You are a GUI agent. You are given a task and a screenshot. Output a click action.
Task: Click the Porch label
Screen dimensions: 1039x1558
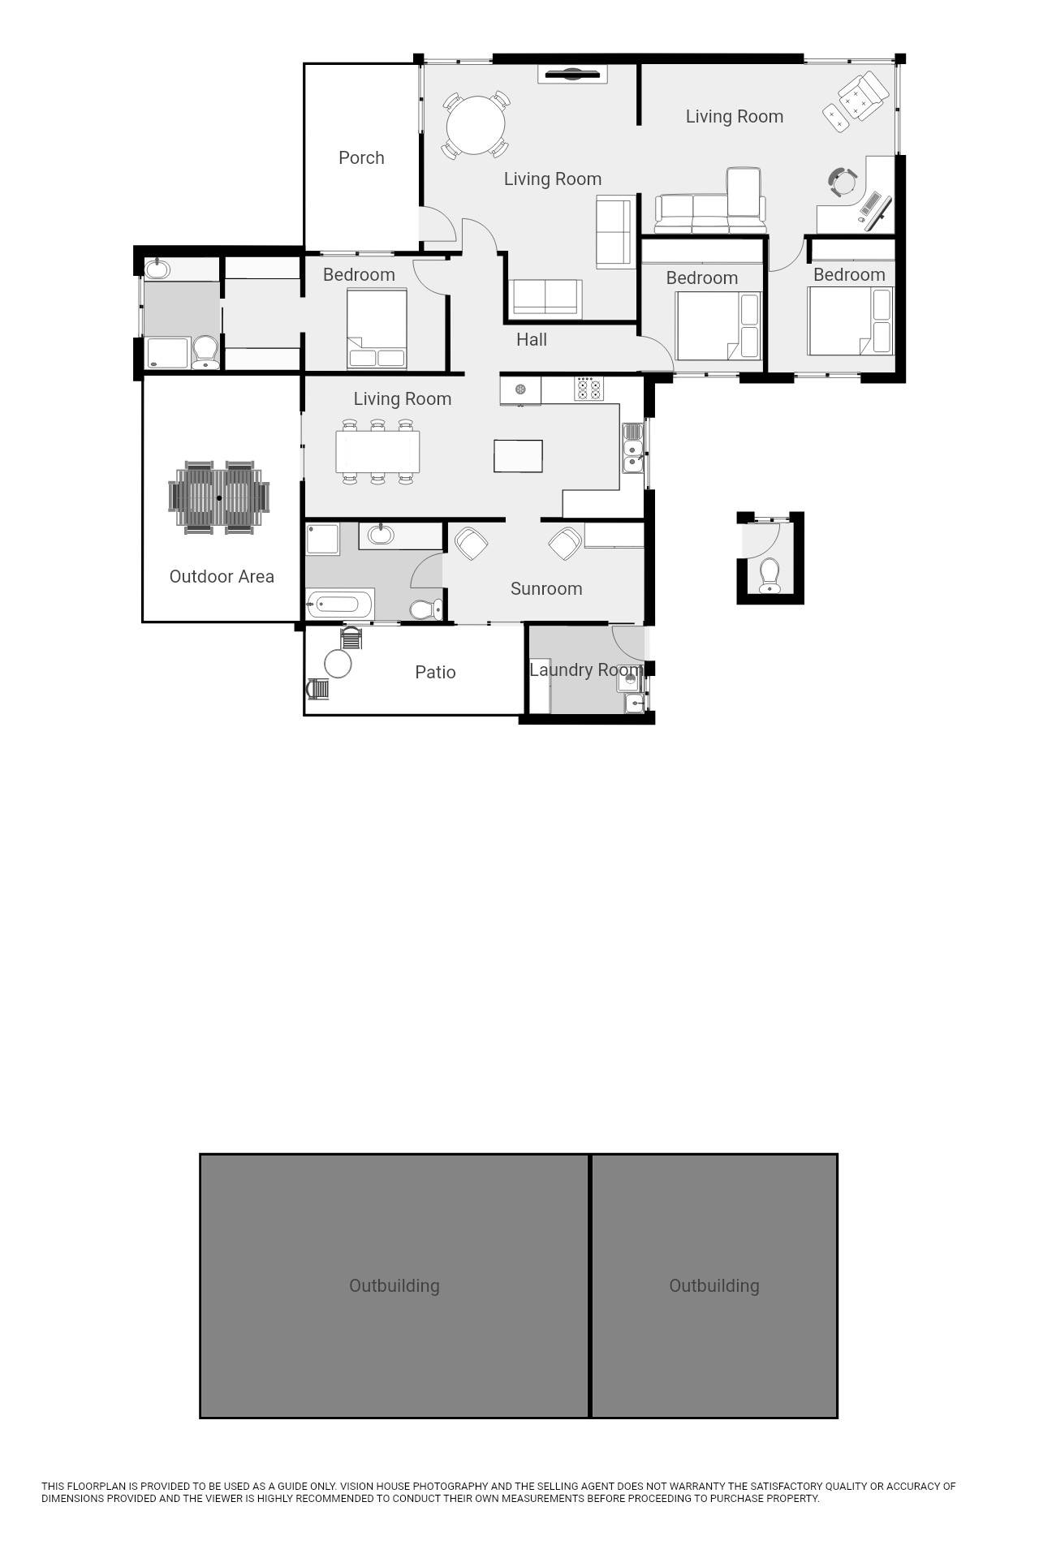tap(361, 158)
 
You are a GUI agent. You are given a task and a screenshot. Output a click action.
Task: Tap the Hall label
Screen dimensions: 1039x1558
tap(532, 339)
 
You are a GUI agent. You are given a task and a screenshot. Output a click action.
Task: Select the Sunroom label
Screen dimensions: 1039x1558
tap(546, 588)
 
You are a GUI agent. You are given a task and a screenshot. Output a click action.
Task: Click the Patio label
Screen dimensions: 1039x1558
tap(435, 672)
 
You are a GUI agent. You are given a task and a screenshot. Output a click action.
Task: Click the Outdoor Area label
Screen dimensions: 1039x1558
tap(222, 576)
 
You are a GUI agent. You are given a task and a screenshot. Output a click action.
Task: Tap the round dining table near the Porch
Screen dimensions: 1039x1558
tap(476, 125)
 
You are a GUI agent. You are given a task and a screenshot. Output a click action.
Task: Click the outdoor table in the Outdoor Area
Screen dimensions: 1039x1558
tap(219, 497)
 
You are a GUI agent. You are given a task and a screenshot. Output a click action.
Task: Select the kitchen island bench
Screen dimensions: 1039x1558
tap(518, 455)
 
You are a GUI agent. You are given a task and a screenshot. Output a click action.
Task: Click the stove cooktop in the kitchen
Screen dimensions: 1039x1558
tap(589, 388)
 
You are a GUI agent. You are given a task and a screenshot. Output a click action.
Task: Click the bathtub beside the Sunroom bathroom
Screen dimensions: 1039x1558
tap(340, 605)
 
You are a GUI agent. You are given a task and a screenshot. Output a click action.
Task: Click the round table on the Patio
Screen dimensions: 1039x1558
tap(338, 663)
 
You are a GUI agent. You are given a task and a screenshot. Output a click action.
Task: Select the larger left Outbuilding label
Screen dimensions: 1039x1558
tap(394, 1285)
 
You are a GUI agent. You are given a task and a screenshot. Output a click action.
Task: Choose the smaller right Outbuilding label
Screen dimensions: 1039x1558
tap(714, 1285)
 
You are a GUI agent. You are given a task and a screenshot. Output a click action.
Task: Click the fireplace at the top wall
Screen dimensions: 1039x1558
tap(573, 75)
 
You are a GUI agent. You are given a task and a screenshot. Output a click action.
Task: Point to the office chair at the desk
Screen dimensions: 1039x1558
tap(843, 182)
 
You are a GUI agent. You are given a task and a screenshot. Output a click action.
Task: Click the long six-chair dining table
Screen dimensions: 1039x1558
tap(377, 451)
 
